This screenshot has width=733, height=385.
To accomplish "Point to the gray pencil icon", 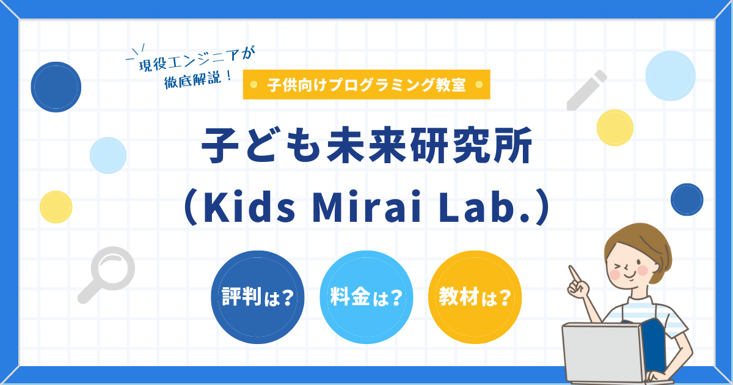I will coord(586,90).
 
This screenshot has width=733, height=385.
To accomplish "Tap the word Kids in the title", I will coord(250,208).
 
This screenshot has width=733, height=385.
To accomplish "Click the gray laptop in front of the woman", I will coord(602,354).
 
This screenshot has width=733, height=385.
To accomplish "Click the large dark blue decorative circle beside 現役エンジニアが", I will coord(56,87).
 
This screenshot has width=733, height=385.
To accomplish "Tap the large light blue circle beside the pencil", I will coord(671,76).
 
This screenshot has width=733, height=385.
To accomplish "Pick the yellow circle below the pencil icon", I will coord(614,128).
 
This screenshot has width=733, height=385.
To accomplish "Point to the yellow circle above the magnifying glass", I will coord(56,207).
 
